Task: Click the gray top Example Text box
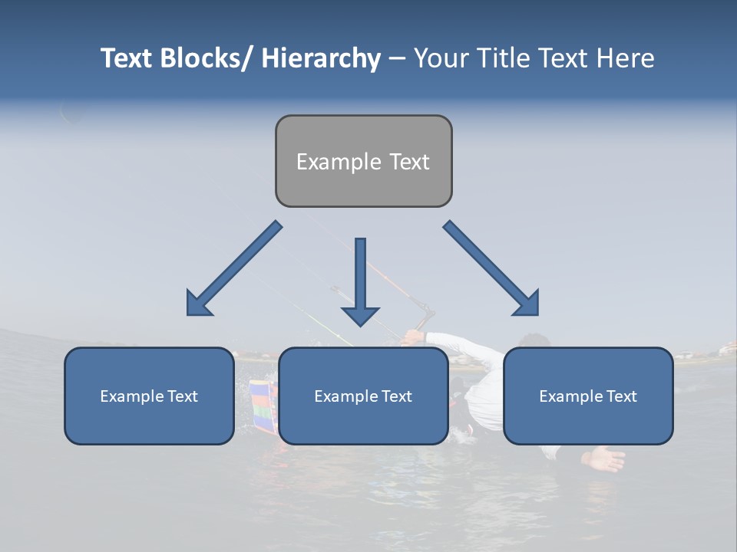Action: (363, 161)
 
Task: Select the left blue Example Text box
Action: (149, 396)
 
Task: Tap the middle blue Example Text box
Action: (363, 396)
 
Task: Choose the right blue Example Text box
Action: (588, 396)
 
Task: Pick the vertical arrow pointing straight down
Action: (360, 281)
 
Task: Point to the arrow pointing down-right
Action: (491, 268)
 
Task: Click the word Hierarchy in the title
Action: (321, 58)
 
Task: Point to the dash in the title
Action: (396, 58)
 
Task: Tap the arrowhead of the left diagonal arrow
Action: (198, 304)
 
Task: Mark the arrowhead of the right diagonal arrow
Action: (527, 304)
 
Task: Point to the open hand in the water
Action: (604, 458)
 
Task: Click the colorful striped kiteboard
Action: (263, 406)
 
